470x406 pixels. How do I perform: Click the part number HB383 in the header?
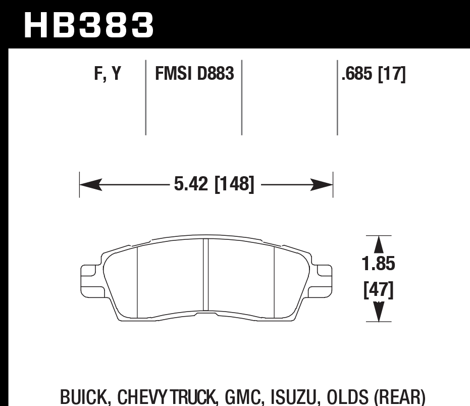point(88,25)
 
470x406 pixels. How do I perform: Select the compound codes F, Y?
point(107,74)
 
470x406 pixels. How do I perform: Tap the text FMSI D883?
point(194,74)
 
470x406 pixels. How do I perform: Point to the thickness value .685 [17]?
point(374,74)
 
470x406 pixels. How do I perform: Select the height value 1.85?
point(378,264)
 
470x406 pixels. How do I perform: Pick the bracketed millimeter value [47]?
point(378,290)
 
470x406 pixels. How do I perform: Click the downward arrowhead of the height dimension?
point(378,312)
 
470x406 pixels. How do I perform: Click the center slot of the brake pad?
point(205,275)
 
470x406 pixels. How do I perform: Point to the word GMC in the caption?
point(241,397)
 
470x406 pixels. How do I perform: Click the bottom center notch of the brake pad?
point(206,314)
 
